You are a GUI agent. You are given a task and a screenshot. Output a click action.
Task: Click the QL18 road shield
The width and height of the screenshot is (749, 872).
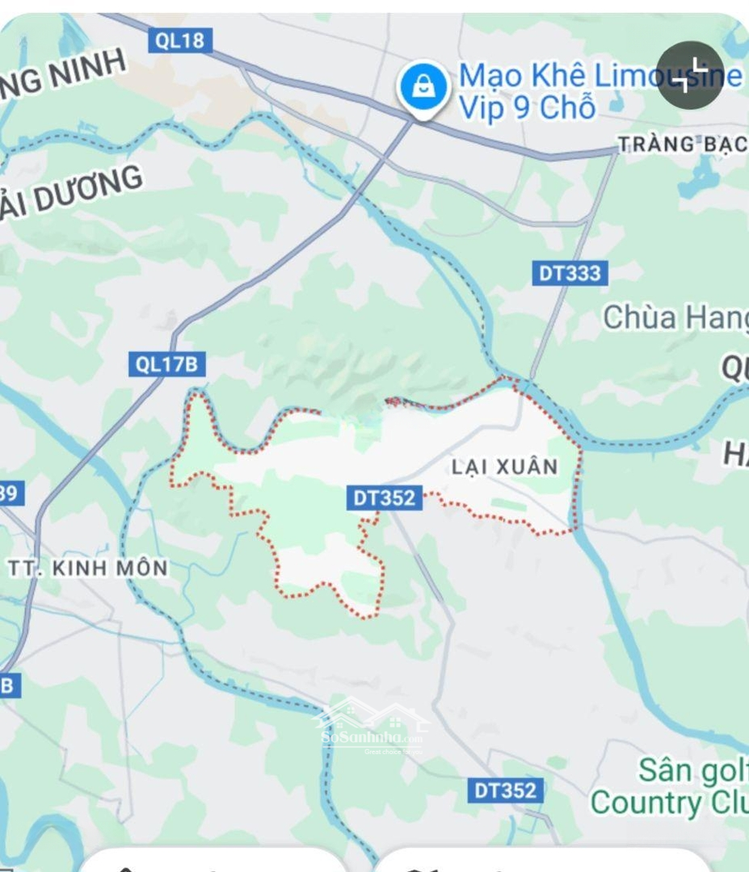[179, 40]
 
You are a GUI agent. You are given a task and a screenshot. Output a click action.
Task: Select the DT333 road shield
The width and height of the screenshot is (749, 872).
[571, 273]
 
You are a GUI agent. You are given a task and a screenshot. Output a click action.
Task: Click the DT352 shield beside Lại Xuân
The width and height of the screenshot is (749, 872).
[385, 498]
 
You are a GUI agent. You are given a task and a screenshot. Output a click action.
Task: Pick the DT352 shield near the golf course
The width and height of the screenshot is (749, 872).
[505, 790]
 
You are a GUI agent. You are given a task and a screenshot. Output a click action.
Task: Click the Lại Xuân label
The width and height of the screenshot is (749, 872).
[505, 467]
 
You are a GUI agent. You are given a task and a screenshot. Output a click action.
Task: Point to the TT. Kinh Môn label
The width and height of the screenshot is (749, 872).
[88, 568]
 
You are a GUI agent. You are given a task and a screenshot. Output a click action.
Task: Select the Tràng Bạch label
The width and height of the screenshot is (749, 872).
[682, 145]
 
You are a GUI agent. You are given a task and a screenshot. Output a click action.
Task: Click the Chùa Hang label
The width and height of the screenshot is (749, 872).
[675, 317]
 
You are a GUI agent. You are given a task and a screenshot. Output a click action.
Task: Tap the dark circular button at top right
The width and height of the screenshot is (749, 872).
[689, 76]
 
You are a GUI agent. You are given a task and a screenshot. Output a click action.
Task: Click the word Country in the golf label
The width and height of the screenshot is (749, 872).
[634, 803]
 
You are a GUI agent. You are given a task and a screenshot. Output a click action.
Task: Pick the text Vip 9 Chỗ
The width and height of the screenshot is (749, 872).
[527, 107]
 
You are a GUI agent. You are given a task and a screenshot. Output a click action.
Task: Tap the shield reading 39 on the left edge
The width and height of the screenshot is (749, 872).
[10, 493]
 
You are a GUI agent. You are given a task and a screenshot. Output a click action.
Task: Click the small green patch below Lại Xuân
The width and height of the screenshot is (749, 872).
[507, 504]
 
